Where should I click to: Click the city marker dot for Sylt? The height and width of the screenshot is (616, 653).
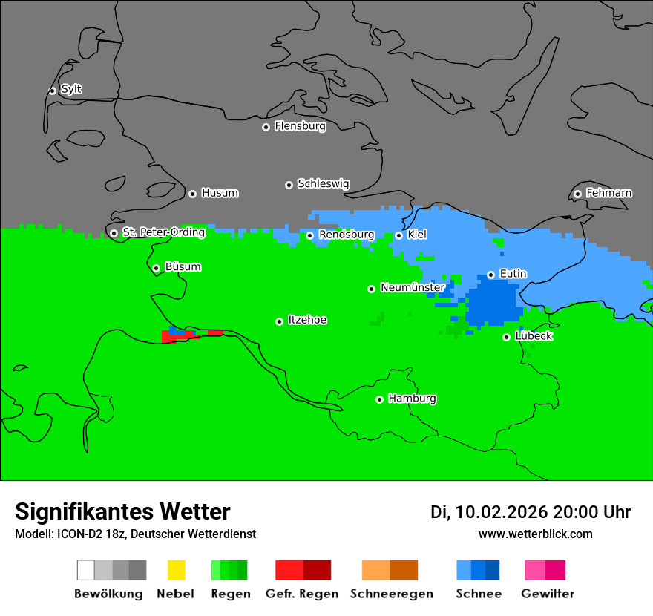[x=53, y=91]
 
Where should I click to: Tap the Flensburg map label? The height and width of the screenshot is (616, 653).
[x=300, y=126]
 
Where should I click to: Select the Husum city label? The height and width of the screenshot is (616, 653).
[x=220, y=193]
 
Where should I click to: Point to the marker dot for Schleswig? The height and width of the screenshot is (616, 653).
[x=289, y=185]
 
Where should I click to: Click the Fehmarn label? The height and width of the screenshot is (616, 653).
[x=608, y=193]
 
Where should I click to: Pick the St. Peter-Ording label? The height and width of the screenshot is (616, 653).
[x=163, y=232]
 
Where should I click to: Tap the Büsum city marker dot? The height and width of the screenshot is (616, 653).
[x=156, y=268]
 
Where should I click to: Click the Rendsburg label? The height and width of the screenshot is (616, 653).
[x=347, y=235]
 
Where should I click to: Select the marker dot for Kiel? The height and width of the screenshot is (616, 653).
[x=399, y=235]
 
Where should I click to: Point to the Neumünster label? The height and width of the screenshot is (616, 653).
[x=413, y=287]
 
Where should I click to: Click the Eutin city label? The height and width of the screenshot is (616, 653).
[x=513, y=274]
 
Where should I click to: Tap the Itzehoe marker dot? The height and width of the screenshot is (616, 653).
[x=280, y=321]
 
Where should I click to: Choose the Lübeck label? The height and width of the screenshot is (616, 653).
[x=534, y=336]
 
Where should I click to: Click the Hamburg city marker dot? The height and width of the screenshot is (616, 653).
[x=380, y=399]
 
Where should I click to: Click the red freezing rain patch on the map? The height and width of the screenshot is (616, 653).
[x=178, y=338]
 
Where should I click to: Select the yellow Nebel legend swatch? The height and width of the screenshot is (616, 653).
[x=176, y=570]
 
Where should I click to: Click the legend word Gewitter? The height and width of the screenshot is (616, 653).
[x=547, y=594]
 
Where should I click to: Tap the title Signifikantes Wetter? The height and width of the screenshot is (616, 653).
[x=122, y=511]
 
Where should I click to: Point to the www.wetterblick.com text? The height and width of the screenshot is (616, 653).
[x=535, y=534]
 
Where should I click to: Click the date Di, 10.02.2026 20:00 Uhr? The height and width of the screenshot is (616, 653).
[x=531, y=512]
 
